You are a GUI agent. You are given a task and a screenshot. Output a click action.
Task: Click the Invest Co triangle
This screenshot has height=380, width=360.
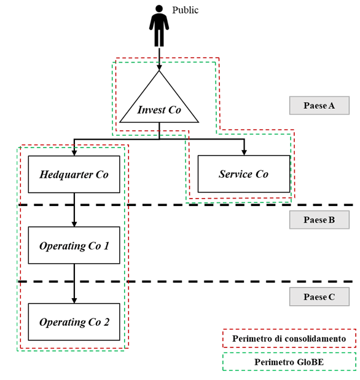point(159,102)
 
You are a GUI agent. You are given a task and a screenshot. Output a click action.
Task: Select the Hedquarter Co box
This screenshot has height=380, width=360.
point(74,174)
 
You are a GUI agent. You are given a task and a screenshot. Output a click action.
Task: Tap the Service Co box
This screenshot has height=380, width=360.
point(244,174)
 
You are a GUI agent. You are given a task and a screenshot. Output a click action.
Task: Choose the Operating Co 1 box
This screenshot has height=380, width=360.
point(74,245)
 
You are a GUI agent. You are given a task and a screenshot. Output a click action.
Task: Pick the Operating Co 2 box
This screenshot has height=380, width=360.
point(74,322)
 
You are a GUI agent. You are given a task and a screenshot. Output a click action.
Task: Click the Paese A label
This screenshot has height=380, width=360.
point(319,105)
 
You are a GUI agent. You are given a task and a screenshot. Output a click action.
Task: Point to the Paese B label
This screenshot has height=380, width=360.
point(319,220)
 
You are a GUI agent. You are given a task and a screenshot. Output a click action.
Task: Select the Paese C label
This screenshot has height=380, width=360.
point(319,296)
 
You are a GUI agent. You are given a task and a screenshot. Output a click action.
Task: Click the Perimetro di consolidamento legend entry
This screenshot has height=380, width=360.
point(289,338)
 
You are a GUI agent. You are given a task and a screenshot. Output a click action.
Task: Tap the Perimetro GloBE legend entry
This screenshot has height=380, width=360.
point(289,362)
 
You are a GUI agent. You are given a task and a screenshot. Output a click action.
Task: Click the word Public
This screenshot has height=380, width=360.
point(185,10)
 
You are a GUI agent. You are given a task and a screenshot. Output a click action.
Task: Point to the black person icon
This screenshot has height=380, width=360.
point(159,26)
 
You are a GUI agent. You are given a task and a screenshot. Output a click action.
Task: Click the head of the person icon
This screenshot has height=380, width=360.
point(159,8)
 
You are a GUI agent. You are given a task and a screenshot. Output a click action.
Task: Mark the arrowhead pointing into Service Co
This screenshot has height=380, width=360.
point(244,152)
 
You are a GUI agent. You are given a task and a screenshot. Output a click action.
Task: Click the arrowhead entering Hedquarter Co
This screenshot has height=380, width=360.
point(74,152)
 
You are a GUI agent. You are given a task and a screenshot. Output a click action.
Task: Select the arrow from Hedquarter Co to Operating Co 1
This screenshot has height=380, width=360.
point(74,210)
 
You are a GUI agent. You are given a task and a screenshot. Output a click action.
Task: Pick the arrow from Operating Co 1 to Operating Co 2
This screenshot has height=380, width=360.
point(74,283)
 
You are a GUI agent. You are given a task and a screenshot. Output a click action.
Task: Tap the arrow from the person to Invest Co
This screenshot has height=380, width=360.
point(159,59)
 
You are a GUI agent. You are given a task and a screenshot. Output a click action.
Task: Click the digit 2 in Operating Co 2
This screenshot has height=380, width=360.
point(106,322)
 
